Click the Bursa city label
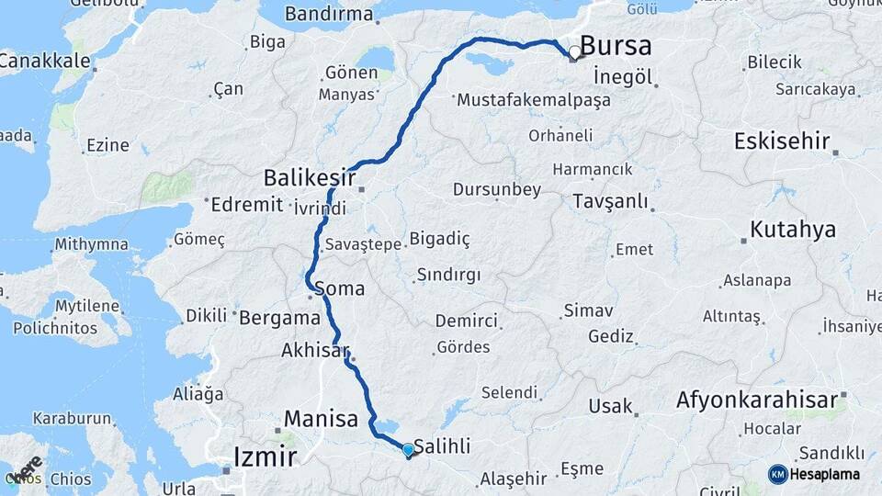pos(616,46)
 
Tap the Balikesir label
pos(308,175)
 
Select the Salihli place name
pos(443,446)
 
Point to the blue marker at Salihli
pos(408,450)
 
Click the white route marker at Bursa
pos(575,52)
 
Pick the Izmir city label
pos(265,457)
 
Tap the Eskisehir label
pos(782,141)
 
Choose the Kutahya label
pos(793,229)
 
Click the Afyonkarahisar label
pos(757,400)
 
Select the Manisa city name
pos(321,420)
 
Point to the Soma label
pos(339,288)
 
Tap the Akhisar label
pos(316,350)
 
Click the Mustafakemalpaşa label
pos(533,99)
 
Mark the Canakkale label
pos(45,62)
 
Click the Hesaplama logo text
pos(826,474)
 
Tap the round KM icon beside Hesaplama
pos(777,474)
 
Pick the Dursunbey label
pos(497,190)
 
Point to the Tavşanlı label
pos(610,201)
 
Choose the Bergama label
pos(279,318)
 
